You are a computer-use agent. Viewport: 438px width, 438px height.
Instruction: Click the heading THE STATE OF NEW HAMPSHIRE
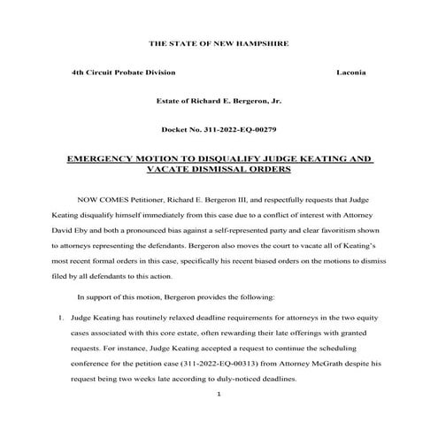click(x=218, y=42)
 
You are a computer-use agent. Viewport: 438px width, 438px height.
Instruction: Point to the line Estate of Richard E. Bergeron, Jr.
click(x=218, y=101)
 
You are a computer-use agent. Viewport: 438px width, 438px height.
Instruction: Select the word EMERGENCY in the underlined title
click(x=104, y=159)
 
